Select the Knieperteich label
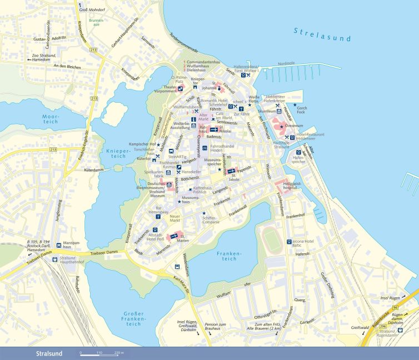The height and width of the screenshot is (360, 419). (118, 154)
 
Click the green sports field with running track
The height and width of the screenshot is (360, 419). (273, 241)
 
